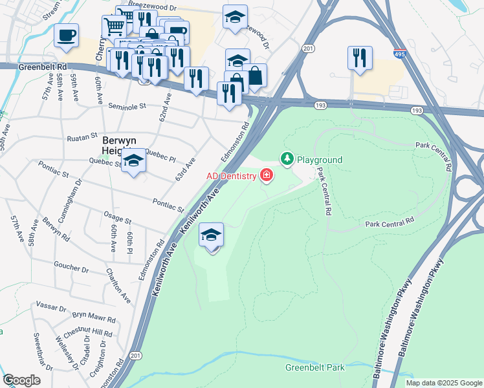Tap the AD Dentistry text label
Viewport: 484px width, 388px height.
[x=232, y=176]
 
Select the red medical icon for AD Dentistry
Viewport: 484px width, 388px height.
[x=266, y=176]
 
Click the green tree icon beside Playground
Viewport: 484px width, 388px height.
[x=287, y=158]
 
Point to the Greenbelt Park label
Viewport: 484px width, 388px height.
[x=315, y=368]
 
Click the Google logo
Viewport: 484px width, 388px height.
[x=21, y=380]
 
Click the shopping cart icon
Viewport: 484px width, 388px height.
[x=114, y=27]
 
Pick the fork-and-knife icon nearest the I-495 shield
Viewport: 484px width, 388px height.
[x=359, y=58]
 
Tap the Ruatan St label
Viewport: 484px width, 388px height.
[x=81, y=137]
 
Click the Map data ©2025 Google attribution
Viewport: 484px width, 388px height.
[x=444, y=383]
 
